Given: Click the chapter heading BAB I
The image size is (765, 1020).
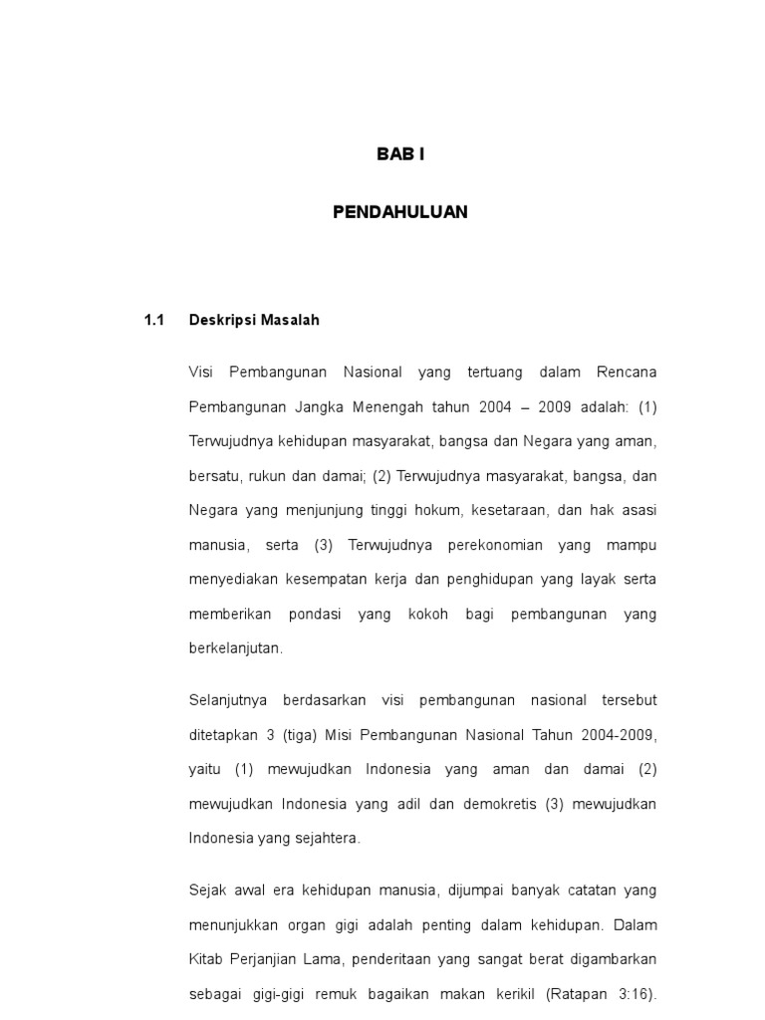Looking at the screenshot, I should pos(399,154).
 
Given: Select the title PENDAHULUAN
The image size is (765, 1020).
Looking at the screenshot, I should pos(399,212).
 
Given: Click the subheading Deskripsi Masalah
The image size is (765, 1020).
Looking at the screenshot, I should pos(254,321).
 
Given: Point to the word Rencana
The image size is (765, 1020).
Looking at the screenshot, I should pos(627,373).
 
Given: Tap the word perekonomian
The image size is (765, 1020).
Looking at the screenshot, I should pos(486,546).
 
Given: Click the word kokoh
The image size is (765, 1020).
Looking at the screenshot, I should pos(429,615).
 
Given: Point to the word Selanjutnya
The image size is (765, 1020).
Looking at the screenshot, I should pos(228,700).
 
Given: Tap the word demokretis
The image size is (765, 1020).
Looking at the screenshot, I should pos(500,804).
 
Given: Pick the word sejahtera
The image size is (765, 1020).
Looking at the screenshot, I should pos(324,839).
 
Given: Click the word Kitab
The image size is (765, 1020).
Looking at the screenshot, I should pos(206,959).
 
